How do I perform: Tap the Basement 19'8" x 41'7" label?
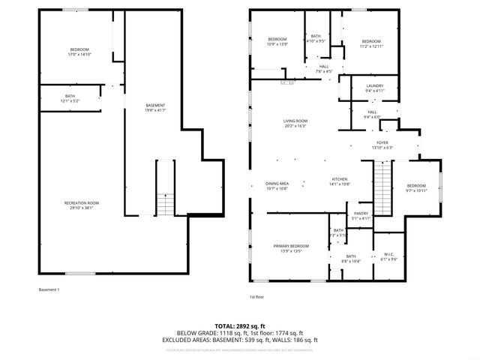tap(155, 107)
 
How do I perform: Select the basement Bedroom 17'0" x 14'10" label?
tap(78, 52)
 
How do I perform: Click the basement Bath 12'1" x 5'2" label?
tap(70, 97)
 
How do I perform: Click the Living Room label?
tap(295, 123)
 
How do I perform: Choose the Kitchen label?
tap(340, 181)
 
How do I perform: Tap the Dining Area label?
tap(277, 185)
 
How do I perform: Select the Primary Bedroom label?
tap(291, 248)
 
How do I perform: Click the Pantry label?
tap(361, 215)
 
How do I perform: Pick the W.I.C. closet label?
tap(389, 256)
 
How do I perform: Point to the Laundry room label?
tap(375, 88)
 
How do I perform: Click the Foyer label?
tap(382, 144)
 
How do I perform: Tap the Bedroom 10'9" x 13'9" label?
tap(277, 41)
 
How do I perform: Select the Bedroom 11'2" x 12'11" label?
tap(372, 43)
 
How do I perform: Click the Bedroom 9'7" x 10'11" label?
tap(416, 187)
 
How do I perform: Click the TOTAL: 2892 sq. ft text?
tap(240, 326)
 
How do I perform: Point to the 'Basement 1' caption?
tap(48, 289)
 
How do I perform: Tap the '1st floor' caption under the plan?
tap(256, 297)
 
